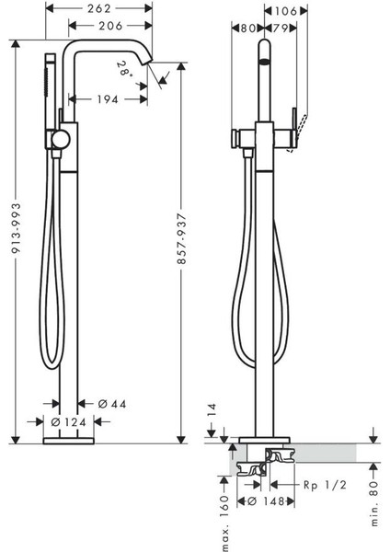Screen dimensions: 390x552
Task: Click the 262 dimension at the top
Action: pos(99,8)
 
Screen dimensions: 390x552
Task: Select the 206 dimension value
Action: pos(110,26)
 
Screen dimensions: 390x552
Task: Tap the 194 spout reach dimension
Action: pos(108,99)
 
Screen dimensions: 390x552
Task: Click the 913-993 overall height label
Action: pos(17,228)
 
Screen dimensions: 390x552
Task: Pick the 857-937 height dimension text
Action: pos(181,238)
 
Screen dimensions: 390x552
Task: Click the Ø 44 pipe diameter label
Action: pos(112,404)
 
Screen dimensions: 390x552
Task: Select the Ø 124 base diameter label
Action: pos(69,421)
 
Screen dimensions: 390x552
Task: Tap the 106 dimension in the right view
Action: pos(285,11)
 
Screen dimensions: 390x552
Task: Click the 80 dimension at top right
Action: pos(247,29)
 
